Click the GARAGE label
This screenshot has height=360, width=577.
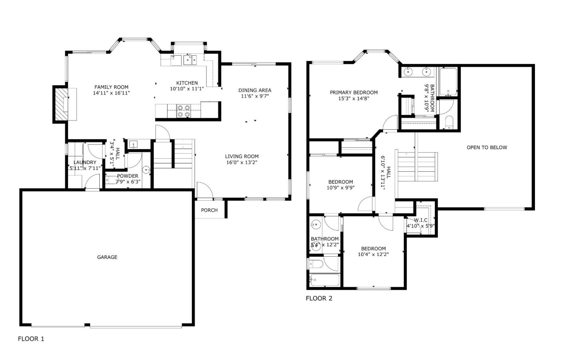(x=107, y=257)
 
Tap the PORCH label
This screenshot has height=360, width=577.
(x=209, y=210)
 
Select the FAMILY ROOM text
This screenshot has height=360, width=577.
(x=111, y=87)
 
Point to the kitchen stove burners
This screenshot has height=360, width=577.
(x=184, y=111)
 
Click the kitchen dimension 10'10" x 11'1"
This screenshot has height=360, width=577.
(x=187, y=89)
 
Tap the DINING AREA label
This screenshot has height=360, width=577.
(x=255, y=90)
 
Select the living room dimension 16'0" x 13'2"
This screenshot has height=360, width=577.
(x=242, y=162)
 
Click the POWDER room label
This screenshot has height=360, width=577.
(x=128, y=176)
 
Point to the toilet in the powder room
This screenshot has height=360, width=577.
(x=146, y=170)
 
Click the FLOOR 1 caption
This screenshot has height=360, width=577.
(x=31, y=339)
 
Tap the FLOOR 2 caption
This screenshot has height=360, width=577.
(x=319, y=298)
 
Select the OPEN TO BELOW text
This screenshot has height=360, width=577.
(x=487, y=147)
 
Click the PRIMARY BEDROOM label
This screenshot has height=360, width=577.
(x=353, y=93)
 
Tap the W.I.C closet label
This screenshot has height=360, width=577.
(x=421, y=220)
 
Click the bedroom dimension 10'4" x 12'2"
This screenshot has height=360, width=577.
(x=373, y=254)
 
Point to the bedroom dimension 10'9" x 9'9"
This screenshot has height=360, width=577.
(x=341, y=187)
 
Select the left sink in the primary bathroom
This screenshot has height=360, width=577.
(x=408, y=72)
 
